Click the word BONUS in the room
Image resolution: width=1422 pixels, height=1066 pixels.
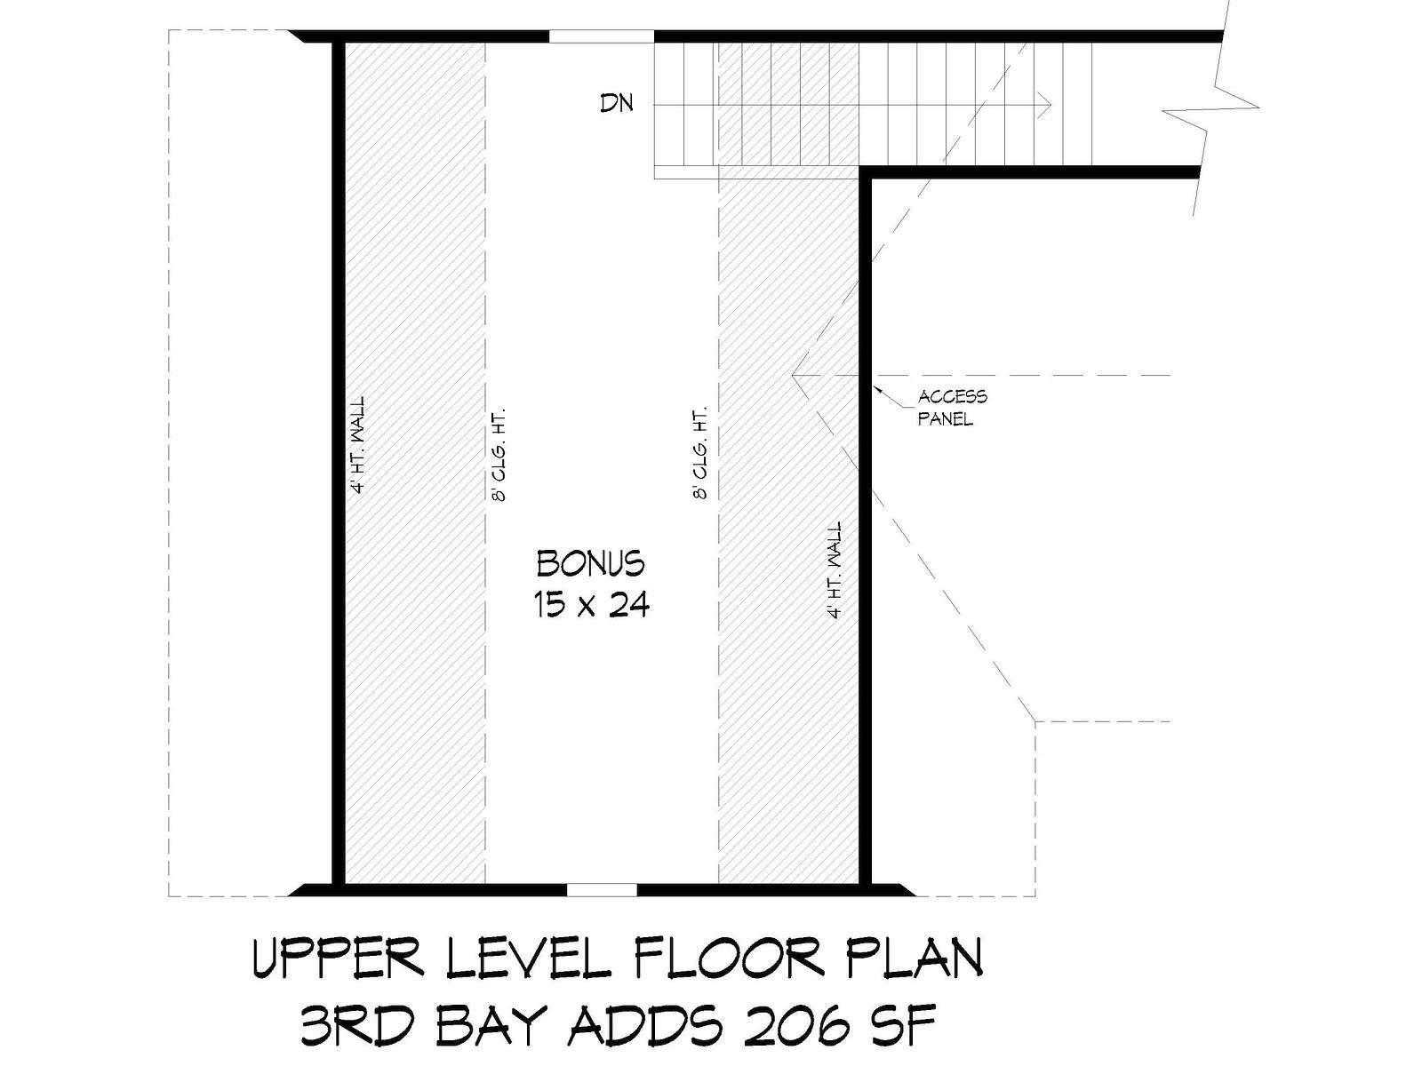pos(590,563)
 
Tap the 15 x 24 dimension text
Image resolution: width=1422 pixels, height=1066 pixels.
pos(592,605)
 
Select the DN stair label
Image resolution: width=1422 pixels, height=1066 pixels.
pos(617,103)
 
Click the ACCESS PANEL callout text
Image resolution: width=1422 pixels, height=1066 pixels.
pos(953,408)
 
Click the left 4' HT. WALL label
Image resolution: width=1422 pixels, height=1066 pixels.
pos(358,445)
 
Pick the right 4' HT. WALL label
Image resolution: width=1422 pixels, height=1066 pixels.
pos(835,570)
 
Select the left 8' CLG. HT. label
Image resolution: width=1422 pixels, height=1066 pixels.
pos(499,454)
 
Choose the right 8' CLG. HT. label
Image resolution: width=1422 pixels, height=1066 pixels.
pos(700,453)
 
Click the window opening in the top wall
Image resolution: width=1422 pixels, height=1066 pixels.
pos(601,36)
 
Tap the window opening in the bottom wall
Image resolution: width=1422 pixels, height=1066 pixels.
pos(602,891)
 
